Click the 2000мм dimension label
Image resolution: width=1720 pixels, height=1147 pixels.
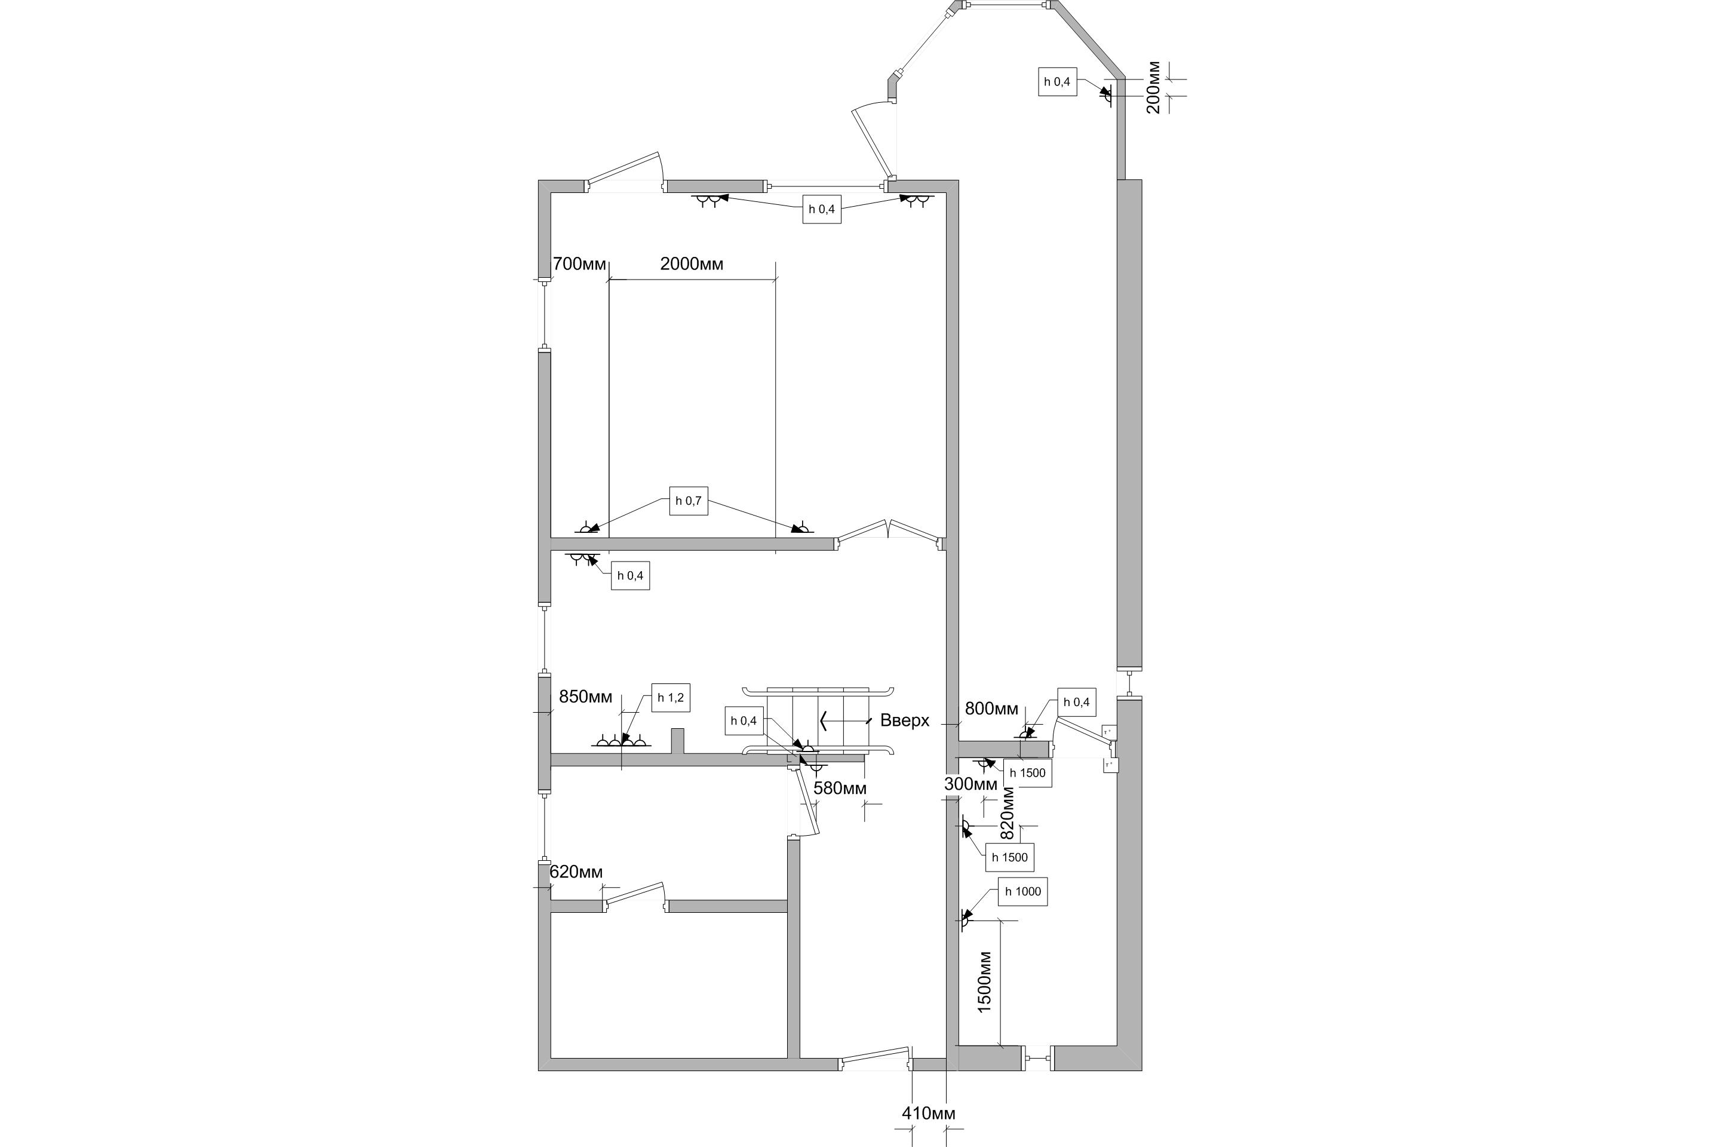(x=691, y=264)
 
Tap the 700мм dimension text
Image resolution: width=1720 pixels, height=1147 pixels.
(x=579, y=264)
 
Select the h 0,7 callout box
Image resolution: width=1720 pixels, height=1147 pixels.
(x=688, y=501)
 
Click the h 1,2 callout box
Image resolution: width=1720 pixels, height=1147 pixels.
(x=671, y=698)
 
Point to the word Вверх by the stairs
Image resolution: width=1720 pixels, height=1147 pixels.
(x=905, y=720)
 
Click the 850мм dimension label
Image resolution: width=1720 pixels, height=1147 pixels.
(x=585, y=697)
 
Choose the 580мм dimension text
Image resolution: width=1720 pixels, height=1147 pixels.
(x=840, y=789)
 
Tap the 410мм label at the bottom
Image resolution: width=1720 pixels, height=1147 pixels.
(x=928, y=1114)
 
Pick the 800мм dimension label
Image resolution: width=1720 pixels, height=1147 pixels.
(x=991, y=709)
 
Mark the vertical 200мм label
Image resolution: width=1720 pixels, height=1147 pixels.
(x=1153, y=87)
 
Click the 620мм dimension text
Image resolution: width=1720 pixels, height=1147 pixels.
(x=576, y=872)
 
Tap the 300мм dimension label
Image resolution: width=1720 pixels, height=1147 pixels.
(x=970, y=784)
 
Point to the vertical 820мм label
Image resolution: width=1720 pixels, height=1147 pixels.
(x=1008, y=812)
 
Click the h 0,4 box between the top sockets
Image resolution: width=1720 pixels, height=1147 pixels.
(x=822, y=209)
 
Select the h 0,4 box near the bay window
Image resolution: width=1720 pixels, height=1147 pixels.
(x=1058, y=81)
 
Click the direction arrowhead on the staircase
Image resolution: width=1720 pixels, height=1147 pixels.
(x=824, y=721)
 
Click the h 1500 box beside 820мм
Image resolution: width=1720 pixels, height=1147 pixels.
(x=1010, y=857)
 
